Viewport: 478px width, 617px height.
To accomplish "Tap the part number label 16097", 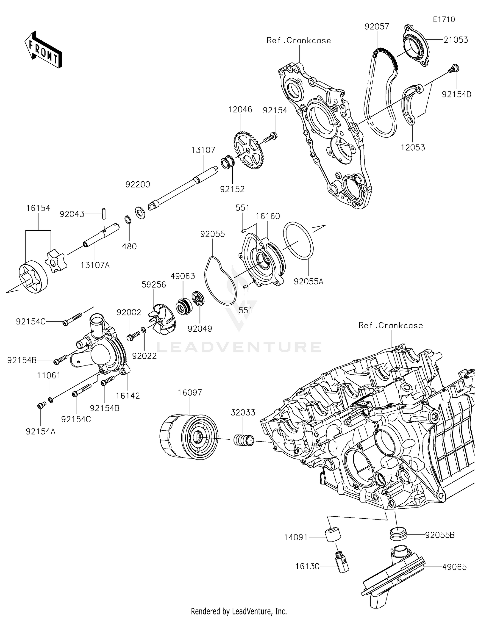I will point(190,393).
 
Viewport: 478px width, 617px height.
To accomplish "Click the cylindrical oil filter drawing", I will point(189,436).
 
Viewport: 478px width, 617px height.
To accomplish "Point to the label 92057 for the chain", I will point(377,26).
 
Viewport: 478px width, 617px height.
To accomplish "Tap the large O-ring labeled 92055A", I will point(299,241).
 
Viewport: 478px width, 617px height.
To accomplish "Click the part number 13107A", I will point(95,265).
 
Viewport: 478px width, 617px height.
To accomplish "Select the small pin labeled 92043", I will point(104,213).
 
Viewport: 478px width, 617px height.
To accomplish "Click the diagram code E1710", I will point(444,19).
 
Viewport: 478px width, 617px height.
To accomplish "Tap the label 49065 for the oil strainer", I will point(454,567).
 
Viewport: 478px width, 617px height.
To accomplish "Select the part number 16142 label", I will point(128,396).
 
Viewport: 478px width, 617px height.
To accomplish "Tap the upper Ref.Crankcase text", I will point(299,40).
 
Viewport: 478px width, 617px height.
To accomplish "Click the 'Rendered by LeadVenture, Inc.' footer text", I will point(239,611).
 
